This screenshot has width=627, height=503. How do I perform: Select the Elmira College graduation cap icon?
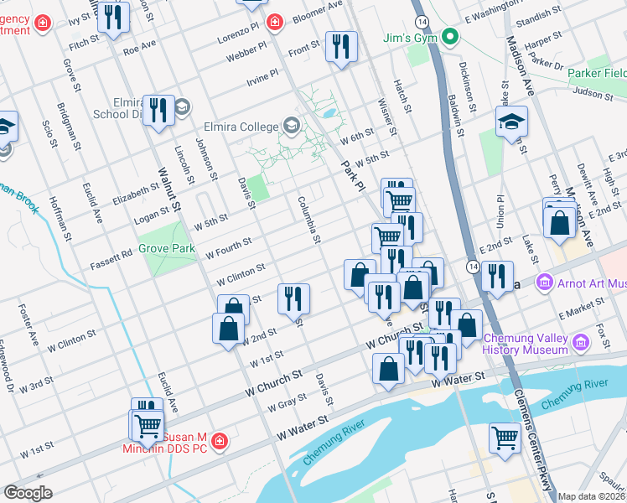[291, 127]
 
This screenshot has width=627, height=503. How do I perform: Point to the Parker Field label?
[596, 74]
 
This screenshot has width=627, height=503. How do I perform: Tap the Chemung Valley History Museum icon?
[579, 341]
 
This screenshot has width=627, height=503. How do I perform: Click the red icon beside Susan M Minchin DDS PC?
[220, 440]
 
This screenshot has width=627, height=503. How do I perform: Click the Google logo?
[28, 492]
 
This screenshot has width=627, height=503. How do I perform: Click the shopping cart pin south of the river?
[505, 438]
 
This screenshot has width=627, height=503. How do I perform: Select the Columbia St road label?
[309, 220]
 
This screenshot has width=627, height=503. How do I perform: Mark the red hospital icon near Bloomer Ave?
[273, 22]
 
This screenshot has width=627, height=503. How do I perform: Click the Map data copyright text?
[591, 496]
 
